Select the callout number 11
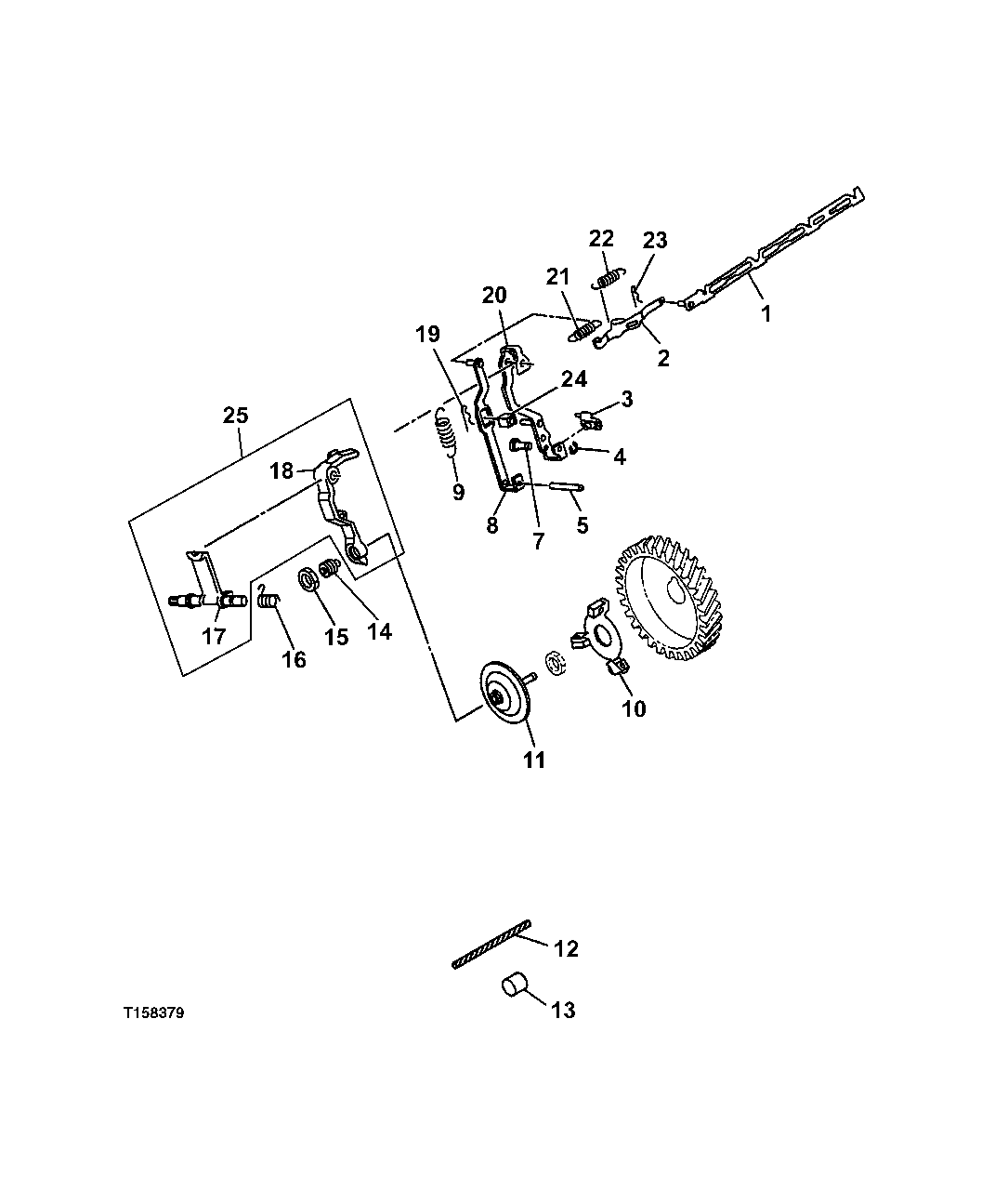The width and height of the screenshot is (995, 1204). click(x=532, y=760)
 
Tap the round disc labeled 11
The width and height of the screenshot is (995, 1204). click(x=506, y=693)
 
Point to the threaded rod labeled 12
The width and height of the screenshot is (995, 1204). click(x=491, y=945)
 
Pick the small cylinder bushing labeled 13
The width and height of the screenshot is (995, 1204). click(x=513, y=986)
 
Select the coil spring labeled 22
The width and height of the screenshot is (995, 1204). click(x=608, y=277)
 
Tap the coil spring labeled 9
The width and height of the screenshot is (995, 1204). click(x=447, y=436)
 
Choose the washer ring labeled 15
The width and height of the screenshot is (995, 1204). click(x=308, y=580)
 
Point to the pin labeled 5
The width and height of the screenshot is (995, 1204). click(x=556, y=485)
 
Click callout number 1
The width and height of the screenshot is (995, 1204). click(x=766, y=314)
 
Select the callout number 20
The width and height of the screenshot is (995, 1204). click(x=494, y=296)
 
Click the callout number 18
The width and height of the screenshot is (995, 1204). click(x=281, y=470)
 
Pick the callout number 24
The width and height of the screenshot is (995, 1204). click(x=573, y=379)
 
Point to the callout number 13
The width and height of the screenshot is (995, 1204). click(x=563, y=1010)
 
